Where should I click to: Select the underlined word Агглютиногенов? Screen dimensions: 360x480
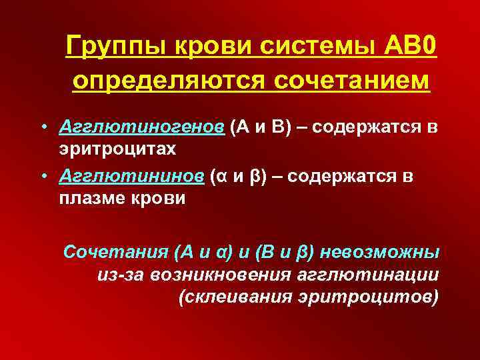tap(141, 127)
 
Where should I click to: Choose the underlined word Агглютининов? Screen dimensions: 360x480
tap(131, 176)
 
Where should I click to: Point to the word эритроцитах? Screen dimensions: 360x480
tap(117, 148)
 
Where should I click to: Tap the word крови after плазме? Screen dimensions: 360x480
tap(159, 199)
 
